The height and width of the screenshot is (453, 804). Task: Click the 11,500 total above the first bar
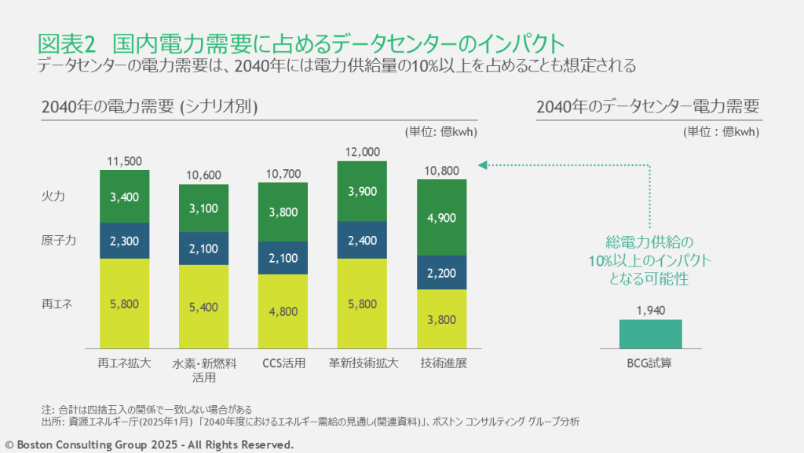click(124, 161)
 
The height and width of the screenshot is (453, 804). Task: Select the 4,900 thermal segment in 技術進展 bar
click(441, 218)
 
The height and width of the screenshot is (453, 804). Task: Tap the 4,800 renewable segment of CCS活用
click(283, 311)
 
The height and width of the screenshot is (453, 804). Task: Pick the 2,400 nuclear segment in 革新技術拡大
click(362, 241)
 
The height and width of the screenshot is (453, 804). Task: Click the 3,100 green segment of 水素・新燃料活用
click(203, 208)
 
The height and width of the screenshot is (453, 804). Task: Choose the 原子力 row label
click(59, 241)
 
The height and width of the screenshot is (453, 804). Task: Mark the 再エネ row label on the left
click(57, 303)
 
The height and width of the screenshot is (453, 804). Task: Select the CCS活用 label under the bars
click(283, 363)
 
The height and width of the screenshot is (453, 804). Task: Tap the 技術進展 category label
click(441, 363)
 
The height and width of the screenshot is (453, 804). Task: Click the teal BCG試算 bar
click(650, 333)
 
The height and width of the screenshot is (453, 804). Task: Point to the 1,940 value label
click(650, 310)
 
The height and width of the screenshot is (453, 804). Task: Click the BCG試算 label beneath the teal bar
click(650, 363)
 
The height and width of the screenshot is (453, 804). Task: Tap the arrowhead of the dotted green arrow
click(483, 165)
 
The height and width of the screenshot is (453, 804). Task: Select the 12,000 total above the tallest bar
click(362, 152)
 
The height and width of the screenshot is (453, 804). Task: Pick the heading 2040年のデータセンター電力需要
click(648, 107)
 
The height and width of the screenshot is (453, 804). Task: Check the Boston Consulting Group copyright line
click(150, 444)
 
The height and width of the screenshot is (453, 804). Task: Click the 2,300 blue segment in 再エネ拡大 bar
click(124, 241)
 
